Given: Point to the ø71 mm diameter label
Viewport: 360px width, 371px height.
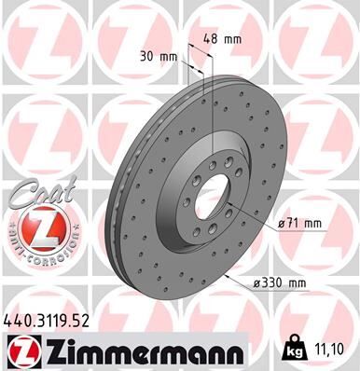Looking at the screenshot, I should [x=301, y=223].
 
